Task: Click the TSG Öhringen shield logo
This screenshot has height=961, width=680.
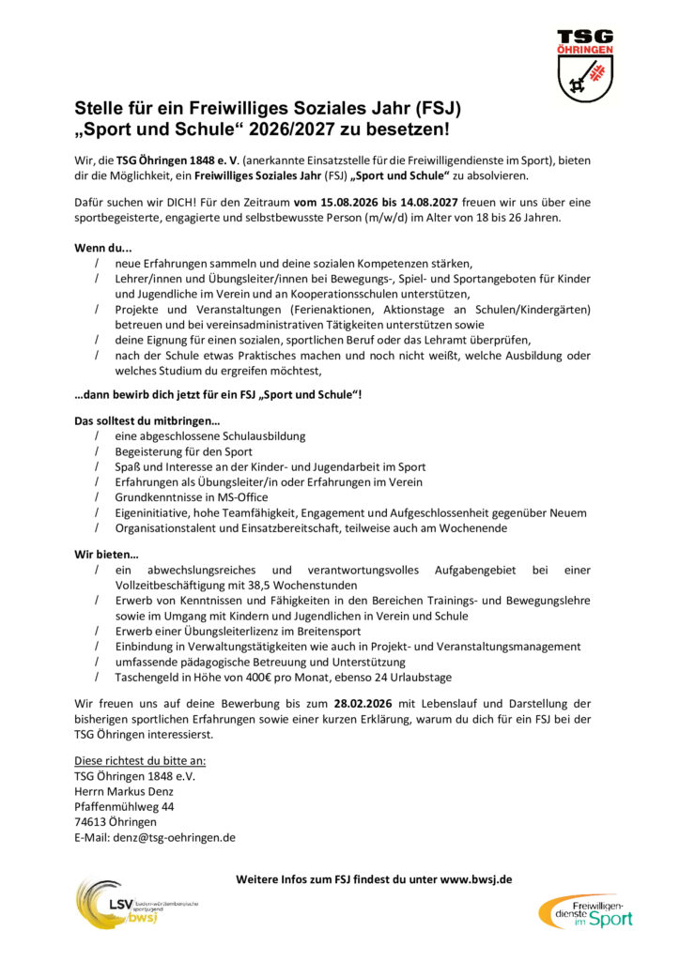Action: pyautogui.click(x=584, y=65)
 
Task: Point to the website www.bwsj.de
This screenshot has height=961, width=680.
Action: pyautogui.click(x=476, y=879)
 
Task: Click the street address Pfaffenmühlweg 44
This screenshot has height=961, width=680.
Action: pyautogui.click(x=124, y=807)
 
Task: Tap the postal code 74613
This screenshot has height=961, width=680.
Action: pyautogui.click(x=91, y=822)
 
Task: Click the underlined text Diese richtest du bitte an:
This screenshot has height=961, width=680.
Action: pyautogui.click(x=140, y=761)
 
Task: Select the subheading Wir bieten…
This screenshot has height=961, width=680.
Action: pyautogui.click(x=106, y=555)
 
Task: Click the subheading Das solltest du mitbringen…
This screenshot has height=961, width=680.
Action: pyautogui.click(x=147, y=421)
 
